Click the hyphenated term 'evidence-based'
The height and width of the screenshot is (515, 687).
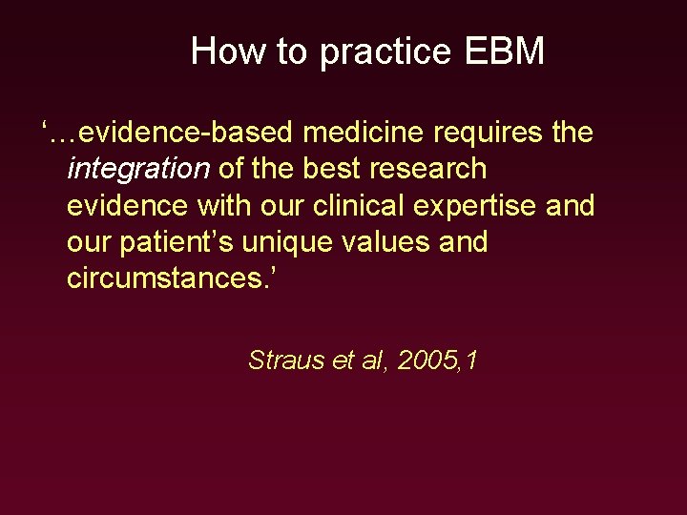pos(167,133)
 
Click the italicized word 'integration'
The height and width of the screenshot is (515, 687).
pos(138,169)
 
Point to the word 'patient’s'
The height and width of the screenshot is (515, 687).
pos(177,242)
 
